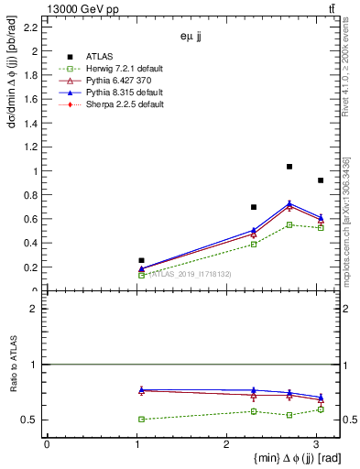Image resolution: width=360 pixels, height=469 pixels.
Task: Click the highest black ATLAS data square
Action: pyautogui.click(x=289, y=167)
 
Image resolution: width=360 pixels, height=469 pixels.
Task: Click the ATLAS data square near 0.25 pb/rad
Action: pyautogui.click(x=141, y=260)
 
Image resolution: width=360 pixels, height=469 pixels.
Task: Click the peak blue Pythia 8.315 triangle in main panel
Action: pyautogui.click(x=289, y=203)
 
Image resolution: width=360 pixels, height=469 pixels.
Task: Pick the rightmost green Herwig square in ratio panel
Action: pyautogui.click(x=321, y=409)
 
